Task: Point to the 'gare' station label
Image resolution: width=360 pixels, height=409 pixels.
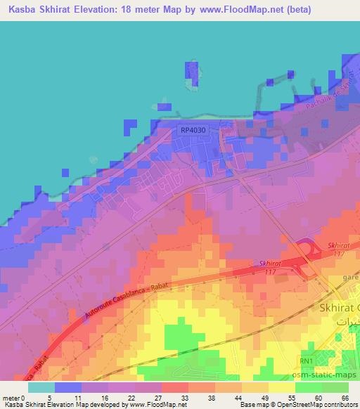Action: point(349,278)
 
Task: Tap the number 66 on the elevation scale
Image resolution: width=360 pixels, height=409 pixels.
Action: point(345,398)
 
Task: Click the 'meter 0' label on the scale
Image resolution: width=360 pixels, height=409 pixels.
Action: point(13,398)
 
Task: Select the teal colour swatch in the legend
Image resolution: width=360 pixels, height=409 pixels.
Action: point(42,387)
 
